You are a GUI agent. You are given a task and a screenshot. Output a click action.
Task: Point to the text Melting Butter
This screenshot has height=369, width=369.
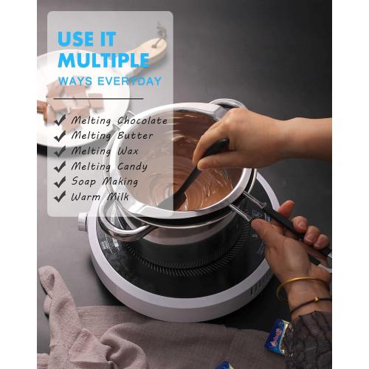(112, 136)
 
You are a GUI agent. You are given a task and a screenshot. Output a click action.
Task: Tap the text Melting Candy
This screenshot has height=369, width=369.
(109, 166)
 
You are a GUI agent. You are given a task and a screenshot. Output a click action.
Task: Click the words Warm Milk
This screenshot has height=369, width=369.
(100, 197)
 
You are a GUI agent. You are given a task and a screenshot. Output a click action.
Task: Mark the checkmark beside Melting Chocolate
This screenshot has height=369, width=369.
(60, 120)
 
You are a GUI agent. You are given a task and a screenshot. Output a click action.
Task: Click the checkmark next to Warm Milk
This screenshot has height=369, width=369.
(60, 197)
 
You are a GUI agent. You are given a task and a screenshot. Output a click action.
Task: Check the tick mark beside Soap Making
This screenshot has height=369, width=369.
(60, 182)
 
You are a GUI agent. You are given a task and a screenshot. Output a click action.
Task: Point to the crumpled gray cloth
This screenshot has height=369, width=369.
(96, 325)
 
